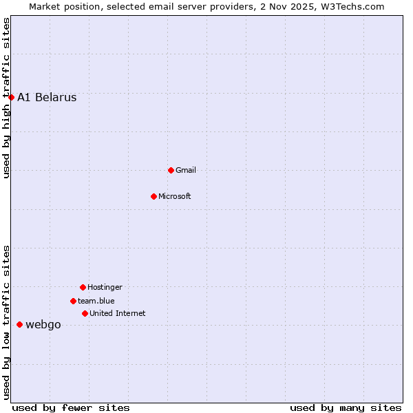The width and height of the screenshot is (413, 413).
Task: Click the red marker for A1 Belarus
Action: click(11, 97)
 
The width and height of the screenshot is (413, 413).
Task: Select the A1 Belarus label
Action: click(47, 97)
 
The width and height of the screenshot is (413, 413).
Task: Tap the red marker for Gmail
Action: click(171, 170)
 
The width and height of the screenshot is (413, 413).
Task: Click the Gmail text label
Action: click(186, 170)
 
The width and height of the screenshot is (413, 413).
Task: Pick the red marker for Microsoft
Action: click(153, 196)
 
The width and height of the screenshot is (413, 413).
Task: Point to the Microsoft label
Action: click(175, 196)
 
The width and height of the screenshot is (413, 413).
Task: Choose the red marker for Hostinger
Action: click(83, 287)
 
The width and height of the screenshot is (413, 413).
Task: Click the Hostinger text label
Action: click(105, 287)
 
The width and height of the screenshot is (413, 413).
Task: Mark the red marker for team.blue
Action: click(73, 301)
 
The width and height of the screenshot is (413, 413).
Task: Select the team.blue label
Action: click(96, 301)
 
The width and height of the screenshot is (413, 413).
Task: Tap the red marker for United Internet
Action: click(85, 313)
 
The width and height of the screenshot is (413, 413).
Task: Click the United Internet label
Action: click(118, 313)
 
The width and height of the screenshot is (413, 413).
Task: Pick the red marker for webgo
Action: click(19, 324)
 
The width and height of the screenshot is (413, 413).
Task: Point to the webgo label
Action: click(43, 325)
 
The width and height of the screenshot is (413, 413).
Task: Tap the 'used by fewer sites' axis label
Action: click(71, 407)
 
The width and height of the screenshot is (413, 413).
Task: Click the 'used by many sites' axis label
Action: click(346, 407)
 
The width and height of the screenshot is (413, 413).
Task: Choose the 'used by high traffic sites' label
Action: click(6, 98)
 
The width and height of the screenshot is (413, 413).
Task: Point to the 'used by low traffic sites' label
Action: click(6, 322)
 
